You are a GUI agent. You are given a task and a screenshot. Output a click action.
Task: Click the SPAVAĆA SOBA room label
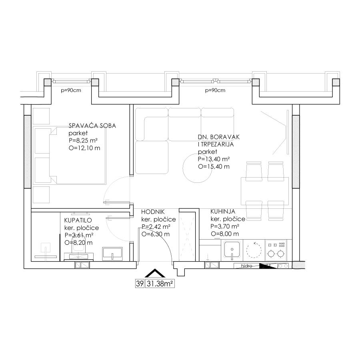click(x=92, y=126)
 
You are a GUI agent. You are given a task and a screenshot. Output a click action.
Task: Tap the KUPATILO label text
click(x=78, y=220)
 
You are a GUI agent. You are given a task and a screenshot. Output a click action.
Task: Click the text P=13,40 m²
click(x=214, y=159)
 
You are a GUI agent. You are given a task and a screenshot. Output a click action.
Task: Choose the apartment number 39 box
click(x=140, y=284)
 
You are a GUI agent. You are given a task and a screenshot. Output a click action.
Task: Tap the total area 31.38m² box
click(x=160, y=284)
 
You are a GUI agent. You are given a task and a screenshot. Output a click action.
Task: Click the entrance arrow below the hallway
click(x=155, y=273)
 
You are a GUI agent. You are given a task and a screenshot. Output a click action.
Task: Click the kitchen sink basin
click(x=232, y=249)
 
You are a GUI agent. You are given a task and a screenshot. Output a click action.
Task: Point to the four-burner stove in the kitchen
click(x=276, y=250)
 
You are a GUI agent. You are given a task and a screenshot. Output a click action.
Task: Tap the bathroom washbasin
click(x=112, y=254)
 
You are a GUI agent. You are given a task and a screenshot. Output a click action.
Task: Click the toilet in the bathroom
click(x=79, y=249)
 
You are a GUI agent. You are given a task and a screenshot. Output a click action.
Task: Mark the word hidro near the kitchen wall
click(x=246, y=266)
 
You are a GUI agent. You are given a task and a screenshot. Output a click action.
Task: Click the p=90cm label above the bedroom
click(x=71, y=90)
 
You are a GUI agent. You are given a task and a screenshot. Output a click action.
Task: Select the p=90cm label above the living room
click(x=215, y=90)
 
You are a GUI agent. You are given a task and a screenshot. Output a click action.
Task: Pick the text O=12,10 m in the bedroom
click(x=84, y=148)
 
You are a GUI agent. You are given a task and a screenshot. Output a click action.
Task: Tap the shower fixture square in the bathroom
click(x=46, y=248)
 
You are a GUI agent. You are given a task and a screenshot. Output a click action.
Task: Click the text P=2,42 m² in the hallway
click(x=156, y=227)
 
